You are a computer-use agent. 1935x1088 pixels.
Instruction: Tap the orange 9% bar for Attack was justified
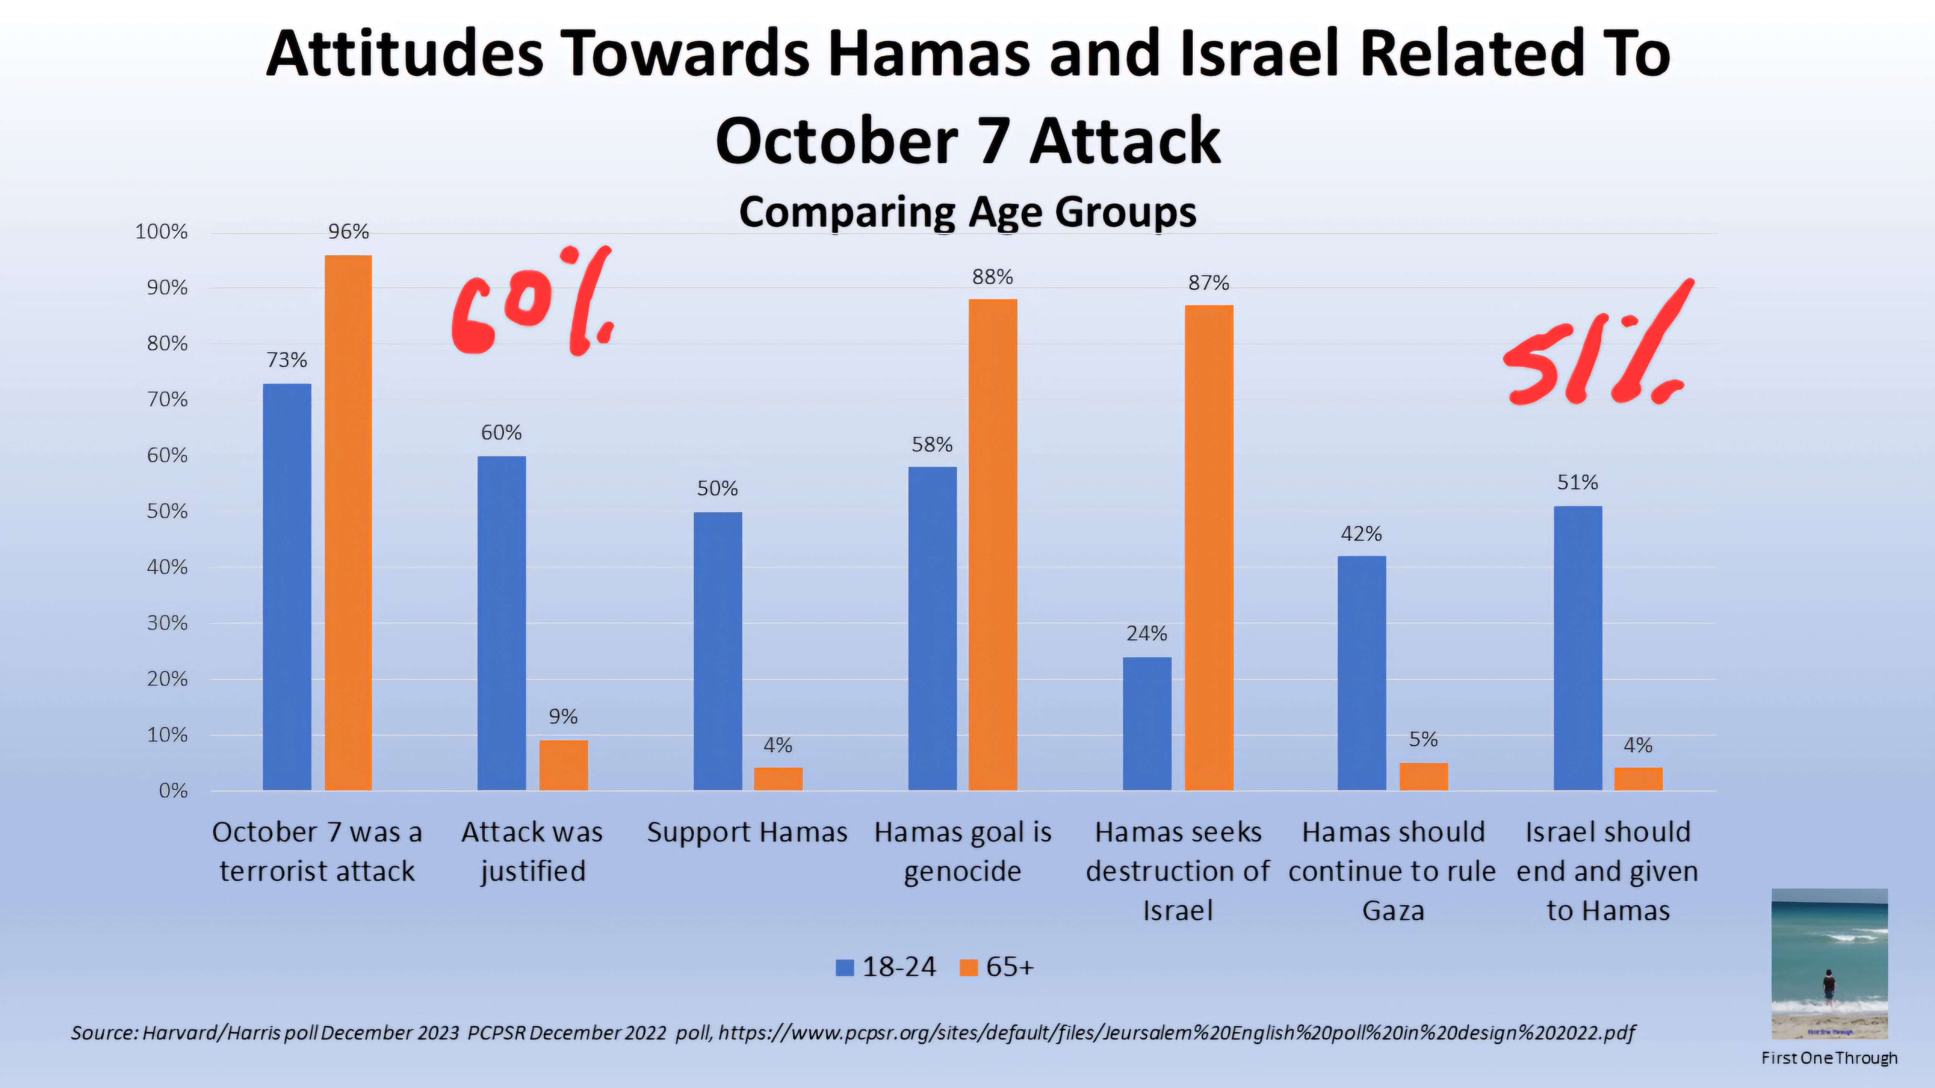coord(563,765)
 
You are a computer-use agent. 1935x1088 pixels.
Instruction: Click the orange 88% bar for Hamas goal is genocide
coord(992,544)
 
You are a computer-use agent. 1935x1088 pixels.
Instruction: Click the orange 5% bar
coord(1423,776)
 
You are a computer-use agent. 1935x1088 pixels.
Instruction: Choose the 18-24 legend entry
coord(886,967)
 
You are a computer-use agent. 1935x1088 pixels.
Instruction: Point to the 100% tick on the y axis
coord(161,232)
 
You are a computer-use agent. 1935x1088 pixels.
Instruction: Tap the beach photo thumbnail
coord(1829,963)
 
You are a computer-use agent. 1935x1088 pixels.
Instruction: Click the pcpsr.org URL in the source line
coord(1176,1033)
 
